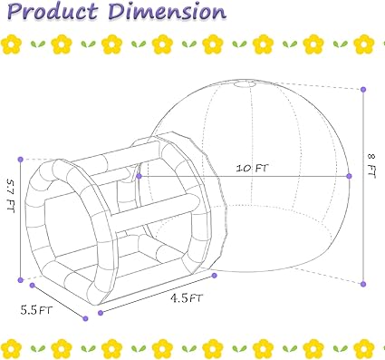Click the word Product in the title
coord(52,12)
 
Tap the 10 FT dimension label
coord(252,168)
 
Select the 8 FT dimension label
coord(371,166)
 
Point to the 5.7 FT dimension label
coord(11,196)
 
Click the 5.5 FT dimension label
coord(36,310)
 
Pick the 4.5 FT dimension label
coord(187,298)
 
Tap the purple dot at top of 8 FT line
coord(363,90)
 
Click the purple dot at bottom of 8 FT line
coord(363,284)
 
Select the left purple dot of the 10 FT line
coord(139,176)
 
